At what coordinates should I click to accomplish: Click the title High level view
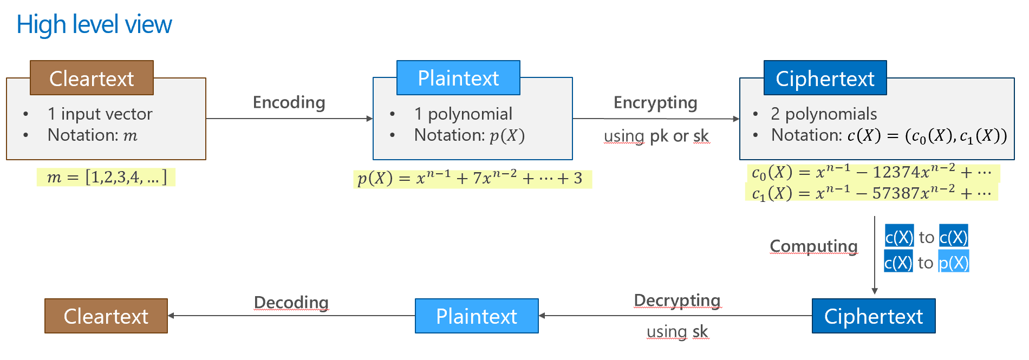coord(94,25)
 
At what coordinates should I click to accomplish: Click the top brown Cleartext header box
coord(92,78)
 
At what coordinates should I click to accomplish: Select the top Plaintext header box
coord(458,78)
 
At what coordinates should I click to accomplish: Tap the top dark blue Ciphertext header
coord(825,78)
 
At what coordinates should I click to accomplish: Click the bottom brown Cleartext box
coord(106,316)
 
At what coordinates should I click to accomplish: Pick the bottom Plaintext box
coord(477,316)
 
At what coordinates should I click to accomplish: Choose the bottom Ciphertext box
coord(874,316)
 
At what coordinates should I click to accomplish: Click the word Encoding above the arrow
coord(289,102)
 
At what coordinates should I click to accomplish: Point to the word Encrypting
coord(655,102)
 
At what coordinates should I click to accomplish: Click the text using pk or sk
coord(656,136)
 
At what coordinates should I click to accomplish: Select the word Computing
coord(813,246)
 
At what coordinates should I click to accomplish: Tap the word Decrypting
coord(677,300)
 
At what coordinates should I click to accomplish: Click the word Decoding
coord(291,302)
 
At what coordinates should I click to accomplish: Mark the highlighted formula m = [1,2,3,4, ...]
coord(106,177)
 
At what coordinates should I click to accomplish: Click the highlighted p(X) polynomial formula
coord(471,179)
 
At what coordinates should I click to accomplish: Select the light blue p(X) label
coord(954,263)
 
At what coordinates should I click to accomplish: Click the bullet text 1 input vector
coord(100,114)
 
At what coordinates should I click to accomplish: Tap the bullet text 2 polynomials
coord(824,114)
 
